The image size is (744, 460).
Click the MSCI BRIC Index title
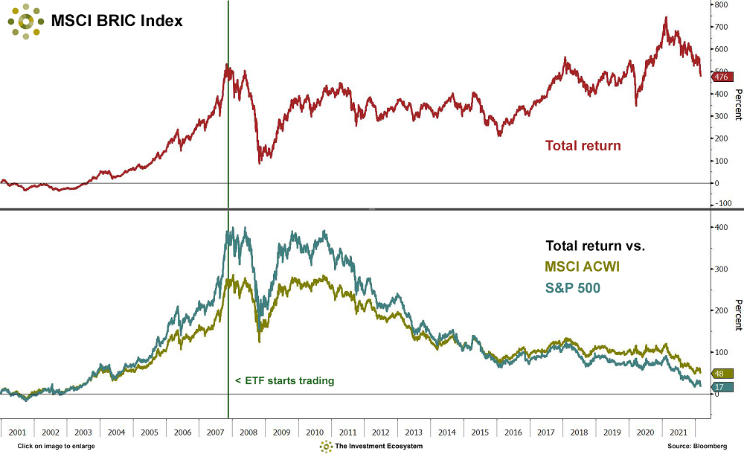pos(116,21)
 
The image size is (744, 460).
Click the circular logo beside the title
pos(25,21)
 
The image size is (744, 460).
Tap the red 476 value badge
pos(721,77)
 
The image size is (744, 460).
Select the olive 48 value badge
pos(720,373)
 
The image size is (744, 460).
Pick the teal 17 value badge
pos(720,386)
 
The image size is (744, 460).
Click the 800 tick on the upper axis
pos(720,4)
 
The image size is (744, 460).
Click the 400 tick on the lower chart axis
pos(720,227)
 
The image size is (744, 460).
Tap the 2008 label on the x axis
pos(248,432)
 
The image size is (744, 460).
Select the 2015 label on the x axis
pos(480,432)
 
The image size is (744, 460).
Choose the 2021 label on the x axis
pos(679,432)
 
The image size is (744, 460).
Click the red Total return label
pos(583,146)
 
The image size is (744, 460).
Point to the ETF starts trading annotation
pos(285,381)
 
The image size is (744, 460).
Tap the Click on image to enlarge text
pos(57,446)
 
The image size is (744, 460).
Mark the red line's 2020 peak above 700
pos(665,17)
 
